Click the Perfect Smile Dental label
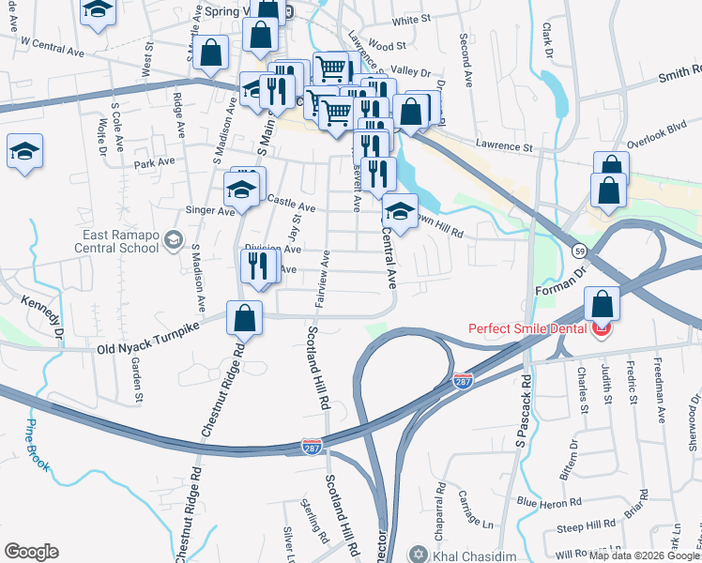pyautogui.click(x=529, y=330)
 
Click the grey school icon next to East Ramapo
pyautogui.click(x=173, y=241)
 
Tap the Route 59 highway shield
pyautogui.click(x=580, y=251)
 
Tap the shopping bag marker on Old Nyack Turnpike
pyautogui.click(x=244, y=319)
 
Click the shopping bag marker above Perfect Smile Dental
pyautogui.click(x=602, y=303)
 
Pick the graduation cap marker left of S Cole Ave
pyautogui.click(x=24, y=151)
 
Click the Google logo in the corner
pyautogui.click(x=31, y=552)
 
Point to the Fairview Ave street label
pyautogui.click(x=322, y=279)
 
